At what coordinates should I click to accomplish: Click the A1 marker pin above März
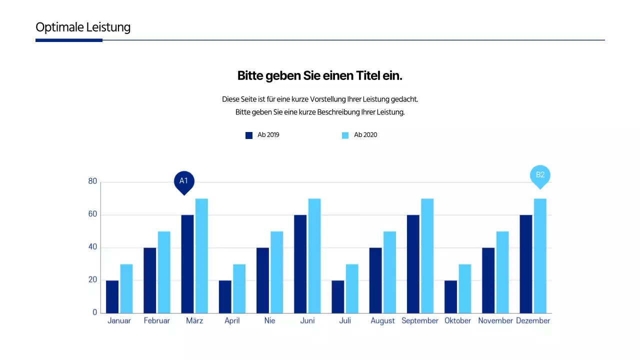click(x=183, y=181)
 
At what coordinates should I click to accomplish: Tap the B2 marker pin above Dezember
click(x=540, y=175)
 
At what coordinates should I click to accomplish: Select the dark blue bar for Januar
click(x=112, y=296)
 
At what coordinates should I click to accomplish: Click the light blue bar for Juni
click(x=314, y=256)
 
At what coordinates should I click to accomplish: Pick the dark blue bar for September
click(x=413, y=264)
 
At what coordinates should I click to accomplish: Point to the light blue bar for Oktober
click(x=465, y=288)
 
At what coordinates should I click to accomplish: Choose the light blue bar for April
click(x=239, y=288)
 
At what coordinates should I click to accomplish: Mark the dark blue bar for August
click(x=375, y=280)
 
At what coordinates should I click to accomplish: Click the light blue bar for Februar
click(x=164, y=272)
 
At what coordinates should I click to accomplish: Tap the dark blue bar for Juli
click(x=338, y=296)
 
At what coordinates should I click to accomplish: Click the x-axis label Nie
click(x=269, y=321)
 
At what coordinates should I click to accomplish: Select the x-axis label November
click(x=495, y=321)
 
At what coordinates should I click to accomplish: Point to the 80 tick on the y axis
click(x=92, y=181)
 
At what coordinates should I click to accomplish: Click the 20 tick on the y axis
click(x=92, y=280)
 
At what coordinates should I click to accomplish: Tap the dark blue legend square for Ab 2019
click(x=249, y=135)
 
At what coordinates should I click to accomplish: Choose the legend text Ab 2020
click(x=365, y=135)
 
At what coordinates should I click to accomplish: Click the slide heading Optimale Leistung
click(x=83, y=27)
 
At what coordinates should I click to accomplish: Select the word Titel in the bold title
click(x=368, y=76)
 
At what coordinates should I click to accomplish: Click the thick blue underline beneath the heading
click(x=69, y=40)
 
